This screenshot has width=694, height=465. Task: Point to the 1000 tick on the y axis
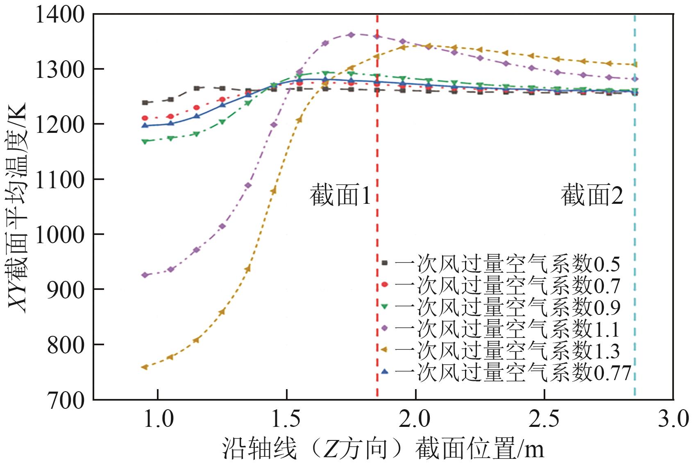(60, 235)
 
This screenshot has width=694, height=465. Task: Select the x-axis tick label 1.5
(286, 419)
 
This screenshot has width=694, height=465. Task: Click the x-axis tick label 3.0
(673, 419)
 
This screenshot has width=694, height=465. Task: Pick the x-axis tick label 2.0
(415, 419)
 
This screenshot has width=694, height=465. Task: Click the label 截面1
(340, 195)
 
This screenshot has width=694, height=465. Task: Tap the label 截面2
(592, 195)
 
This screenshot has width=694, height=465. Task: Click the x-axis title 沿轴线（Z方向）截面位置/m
(383, 449)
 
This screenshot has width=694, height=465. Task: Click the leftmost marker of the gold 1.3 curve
(145, 367)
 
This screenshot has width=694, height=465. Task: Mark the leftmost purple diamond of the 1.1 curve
(145, 275)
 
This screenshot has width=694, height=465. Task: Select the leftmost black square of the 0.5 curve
(145, 103)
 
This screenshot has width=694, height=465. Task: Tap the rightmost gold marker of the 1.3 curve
(635, 64)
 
